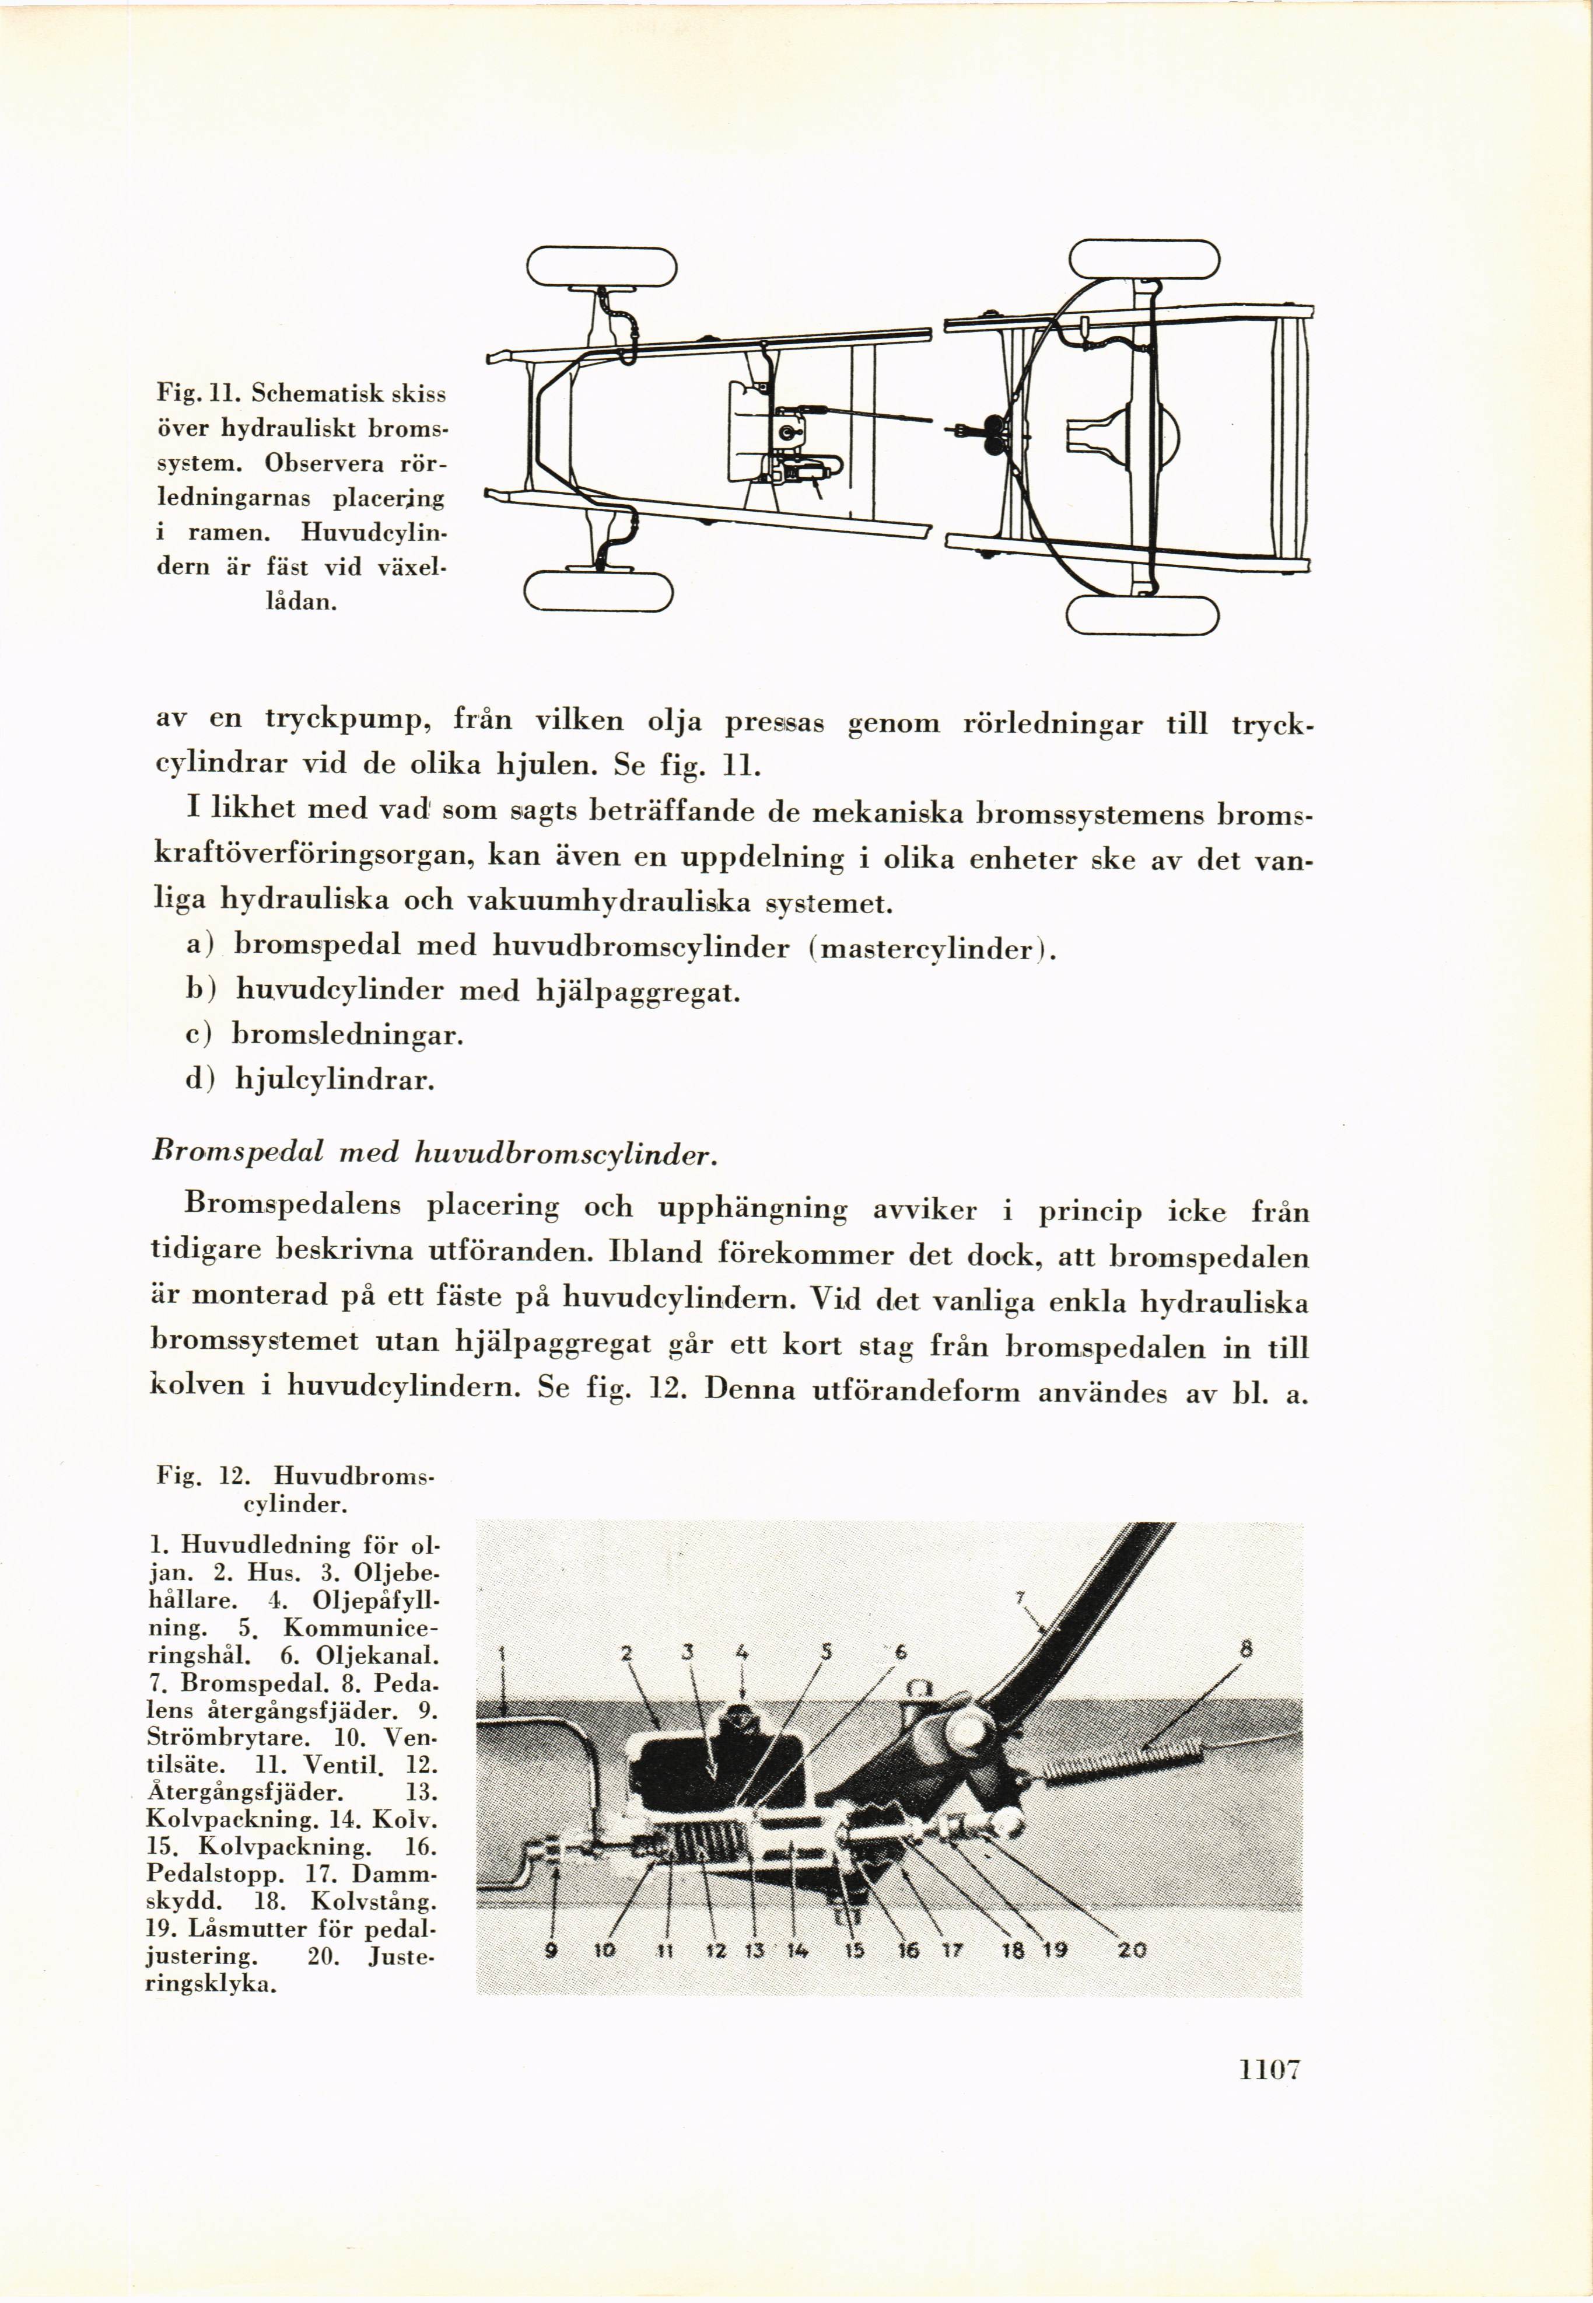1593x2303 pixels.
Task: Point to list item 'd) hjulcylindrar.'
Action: click(x=309, y=1079)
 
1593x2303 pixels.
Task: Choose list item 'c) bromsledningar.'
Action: click(x=324, y=1034)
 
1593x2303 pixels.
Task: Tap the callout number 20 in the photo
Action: click(x=1132, y=1949)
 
